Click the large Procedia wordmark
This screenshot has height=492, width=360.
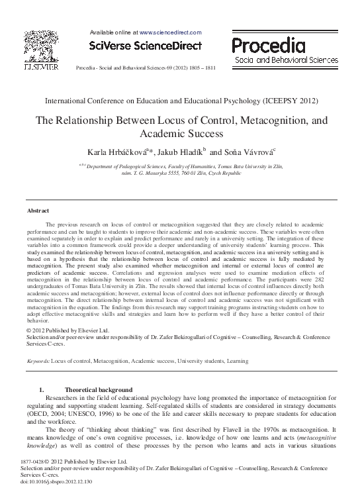pos(268,44)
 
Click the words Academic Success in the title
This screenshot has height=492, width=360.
pos(180,134)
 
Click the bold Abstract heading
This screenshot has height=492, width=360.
pos(38,210)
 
